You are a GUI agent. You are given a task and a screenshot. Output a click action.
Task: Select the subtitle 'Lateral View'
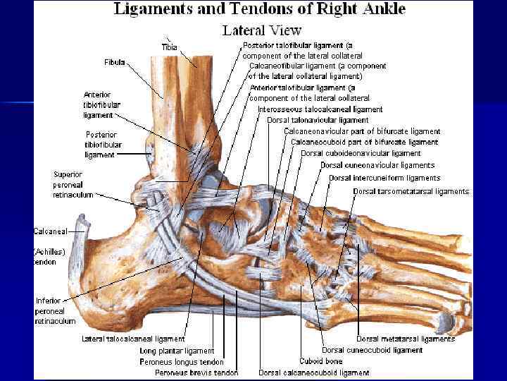click(x=261, y=30)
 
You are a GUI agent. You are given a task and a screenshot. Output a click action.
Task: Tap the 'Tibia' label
click(x=170, y=47)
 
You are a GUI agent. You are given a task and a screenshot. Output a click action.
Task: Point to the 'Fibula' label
click(x=114, y=62)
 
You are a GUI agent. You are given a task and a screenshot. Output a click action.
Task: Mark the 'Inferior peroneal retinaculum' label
click(x=55, y=310)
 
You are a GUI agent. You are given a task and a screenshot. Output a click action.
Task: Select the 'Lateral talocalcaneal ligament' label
click(x=133, y=339)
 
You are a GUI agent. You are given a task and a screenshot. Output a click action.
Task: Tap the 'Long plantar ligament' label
click(x=177, y=351)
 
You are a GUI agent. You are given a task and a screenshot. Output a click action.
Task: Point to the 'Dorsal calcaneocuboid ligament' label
click(x=314, y=373)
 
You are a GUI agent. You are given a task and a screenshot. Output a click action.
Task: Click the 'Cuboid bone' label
click(x=320, y=361)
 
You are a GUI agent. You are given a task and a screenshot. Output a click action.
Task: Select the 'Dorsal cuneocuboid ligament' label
click(x=372, y=350)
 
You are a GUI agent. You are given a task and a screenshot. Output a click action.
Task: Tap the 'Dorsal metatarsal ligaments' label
click(x=405, y=339)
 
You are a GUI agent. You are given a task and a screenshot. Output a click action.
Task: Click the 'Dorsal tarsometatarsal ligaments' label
click(x=411, y=191)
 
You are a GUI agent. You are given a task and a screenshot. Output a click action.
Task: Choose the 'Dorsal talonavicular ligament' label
click(x=318, y=120)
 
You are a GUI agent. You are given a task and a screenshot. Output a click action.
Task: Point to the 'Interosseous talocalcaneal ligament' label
click(x=320, y=109)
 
